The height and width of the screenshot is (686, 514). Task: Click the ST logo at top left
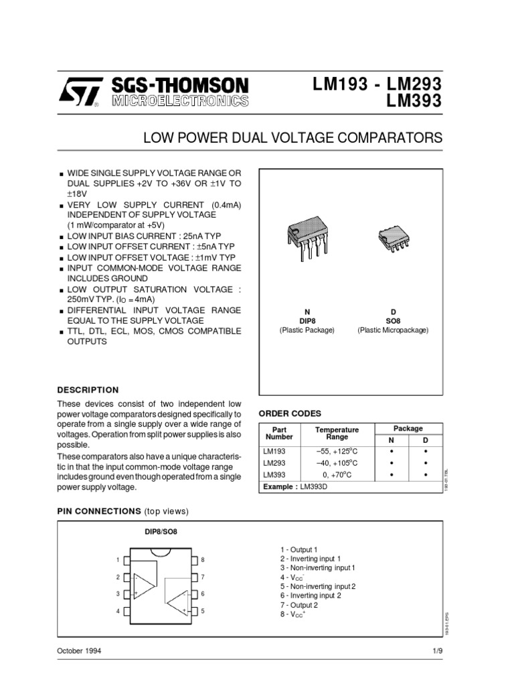click(80, 92)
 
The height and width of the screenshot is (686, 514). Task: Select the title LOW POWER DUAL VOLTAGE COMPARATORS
click(293, 139)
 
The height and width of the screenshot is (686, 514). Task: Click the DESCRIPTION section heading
click(88, 390)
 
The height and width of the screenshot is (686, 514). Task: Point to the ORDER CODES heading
click(290, 413)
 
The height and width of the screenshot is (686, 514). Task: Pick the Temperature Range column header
click(337, 433)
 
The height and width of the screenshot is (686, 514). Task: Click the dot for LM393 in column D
click(425, 475)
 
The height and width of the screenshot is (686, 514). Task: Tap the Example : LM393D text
click(297, 487)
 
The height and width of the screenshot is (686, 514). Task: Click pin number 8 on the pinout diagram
click(202, 559)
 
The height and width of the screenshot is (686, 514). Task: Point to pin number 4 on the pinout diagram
click(117, 611)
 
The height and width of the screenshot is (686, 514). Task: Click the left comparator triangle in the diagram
click(144, 585)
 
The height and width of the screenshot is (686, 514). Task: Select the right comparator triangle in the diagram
click(177, 601)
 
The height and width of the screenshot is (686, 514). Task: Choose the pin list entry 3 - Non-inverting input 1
click(317, 567)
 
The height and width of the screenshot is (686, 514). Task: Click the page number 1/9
click(436, 651)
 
